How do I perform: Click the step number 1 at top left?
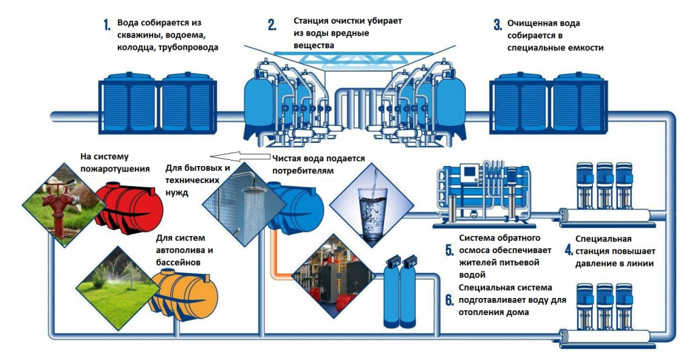click(107, 26)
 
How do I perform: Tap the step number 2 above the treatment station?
click(272, 26)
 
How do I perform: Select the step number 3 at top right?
click(497, 26)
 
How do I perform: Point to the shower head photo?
click(242, 201)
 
